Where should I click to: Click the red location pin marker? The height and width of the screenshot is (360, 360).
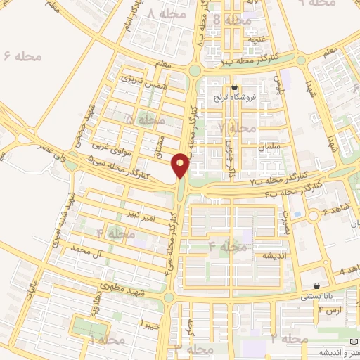coord(181,165)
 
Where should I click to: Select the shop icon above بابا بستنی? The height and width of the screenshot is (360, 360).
coord(318,286)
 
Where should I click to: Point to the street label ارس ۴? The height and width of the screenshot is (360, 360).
coord(330,309)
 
